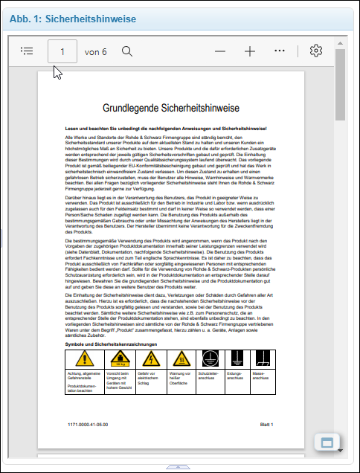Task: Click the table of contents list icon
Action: click(28, 51)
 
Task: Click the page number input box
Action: click(62, 51)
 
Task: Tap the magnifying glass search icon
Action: click(127, 51)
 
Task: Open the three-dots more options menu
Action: click(280, 51)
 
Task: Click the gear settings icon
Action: click(316, 51)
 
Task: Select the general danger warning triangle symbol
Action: click(82, 358)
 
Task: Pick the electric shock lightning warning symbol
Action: click(150, 358)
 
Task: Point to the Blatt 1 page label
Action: click(266, 423)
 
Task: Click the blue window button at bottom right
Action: click(326, 443)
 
